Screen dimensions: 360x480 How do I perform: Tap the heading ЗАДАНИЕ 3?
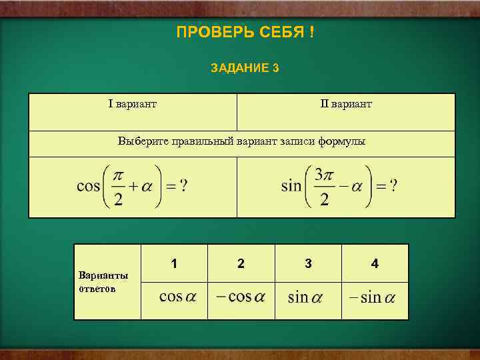click(244, 68)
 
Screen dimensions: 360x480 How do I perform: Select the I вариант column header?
click(133, 104)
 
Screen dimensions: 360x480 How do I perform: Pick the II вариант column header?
click(346, 104)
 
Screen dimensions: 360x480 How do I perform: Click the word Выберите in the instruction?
click(143, 141)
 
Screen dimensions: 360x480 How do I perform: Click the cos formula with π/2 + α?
click(132, 187)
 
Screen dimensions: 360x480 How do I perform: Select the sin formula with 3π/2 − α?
click(339, 187)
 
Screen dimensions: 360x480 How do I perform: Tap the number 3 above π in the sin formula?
click(319, 175)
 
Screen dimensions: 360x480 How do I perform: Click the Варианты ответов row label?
click(103, 282)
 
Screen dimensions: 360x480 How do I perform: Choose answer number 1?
click(174, 264)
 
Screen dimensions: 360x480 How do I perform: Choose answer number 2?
click(241, 264)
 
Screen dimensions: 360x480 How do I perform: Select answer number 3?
click(308, 264)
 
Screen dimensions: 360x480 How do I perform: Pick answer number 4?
click(375, 264)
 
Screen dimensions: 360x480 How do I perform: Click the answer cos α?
click(177, 297)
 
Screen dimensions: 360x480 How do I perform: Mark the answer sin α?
click(305, 297)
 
